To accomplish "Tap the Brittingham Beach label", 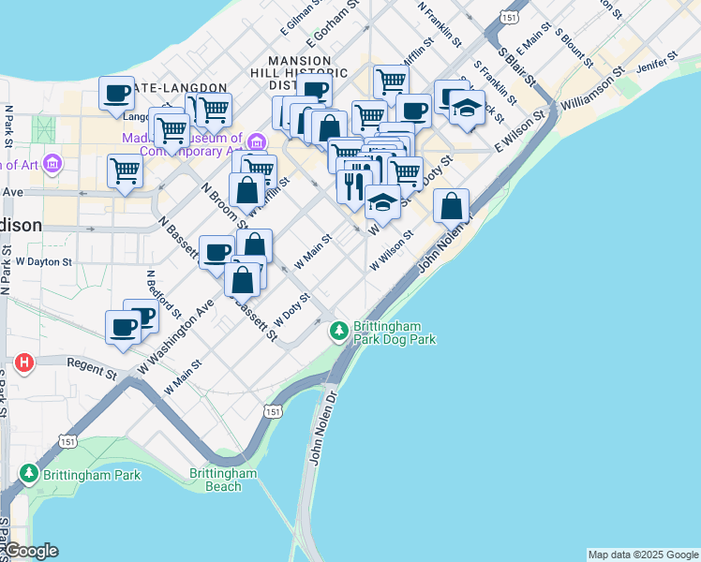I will click(223, 480).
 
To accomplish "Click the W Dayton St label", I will click(44, 262).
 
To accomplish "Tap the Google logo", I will click(30, 551).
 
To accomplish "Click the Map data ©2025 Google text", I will click(643, 555).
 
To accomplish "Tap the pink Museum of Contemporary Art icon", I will click(256, 142).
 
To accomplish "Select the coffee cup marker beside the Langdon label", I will click(117, 94).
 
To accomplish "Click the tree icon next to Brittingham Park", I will click(30, 474).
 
